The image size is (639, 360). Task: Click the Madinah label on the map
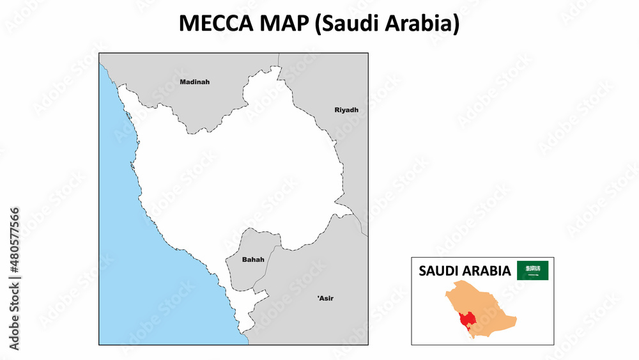194,82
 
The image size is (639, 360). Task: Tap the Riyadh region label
346,110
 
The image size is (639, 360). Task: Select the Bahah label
253,260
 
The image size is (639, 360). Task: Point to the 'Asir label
325,298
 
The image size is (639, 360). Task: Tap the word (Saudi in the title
345,24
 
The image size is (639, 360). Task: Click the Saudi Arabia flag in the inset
532,270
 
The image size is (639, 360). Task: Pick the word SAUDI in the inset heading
441,271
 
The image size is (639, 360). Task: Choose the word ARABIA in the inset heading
488,271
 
